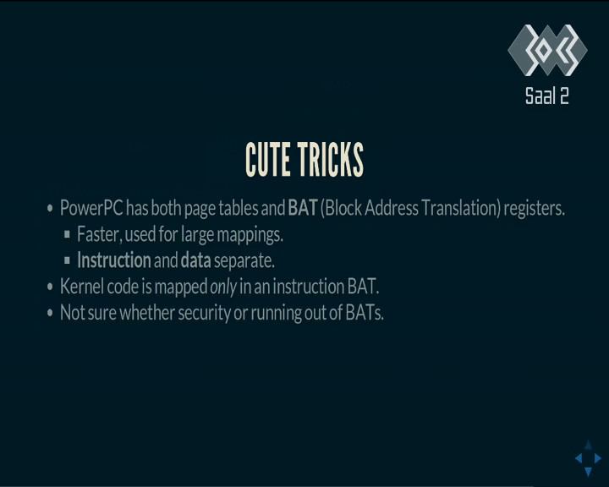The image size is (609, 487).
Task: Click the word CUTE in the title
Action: [x=268, y=159]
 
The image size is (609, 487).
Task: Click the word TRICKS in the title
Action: [x=331, y=159]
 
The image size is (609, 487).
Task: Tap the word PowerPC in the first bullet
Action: [x=91, y=208]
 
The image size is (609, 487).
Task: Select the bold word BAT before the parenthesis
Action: [x=303, y=208]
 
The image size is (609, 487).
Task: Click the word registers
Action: [x=534, y=209]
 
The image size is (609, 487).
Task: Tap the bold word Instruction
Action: [x=114, y=260]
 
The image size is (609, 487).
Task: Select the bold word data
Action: [x=195, y=260]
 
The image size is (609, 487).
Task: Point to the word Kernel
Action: [x=81, y=287]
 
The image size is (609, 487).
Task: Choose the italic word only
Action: [x=223, y=287]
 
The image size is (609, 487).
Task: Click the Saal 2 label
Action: [x=547, y=96]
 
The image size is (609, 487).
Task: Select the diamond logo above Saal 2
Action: [x=547, y=50]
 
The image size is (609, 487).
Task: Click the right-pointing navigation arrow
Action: [x=598, y=458]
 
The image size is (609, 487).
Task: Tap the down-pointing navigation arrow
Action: [x=588, y=472]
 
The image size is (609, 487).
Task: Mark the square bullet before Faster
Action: [x=67, y=234]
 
